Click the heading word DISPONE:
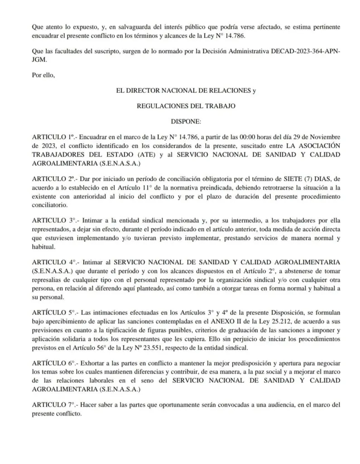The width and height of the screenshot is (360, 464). (x=187, y=122)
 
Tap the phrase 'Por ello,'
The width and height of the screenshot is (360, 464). (x=43, y=75)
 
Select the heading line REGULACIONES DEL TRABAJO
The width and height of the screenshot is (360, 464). (x=186, y=106)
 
